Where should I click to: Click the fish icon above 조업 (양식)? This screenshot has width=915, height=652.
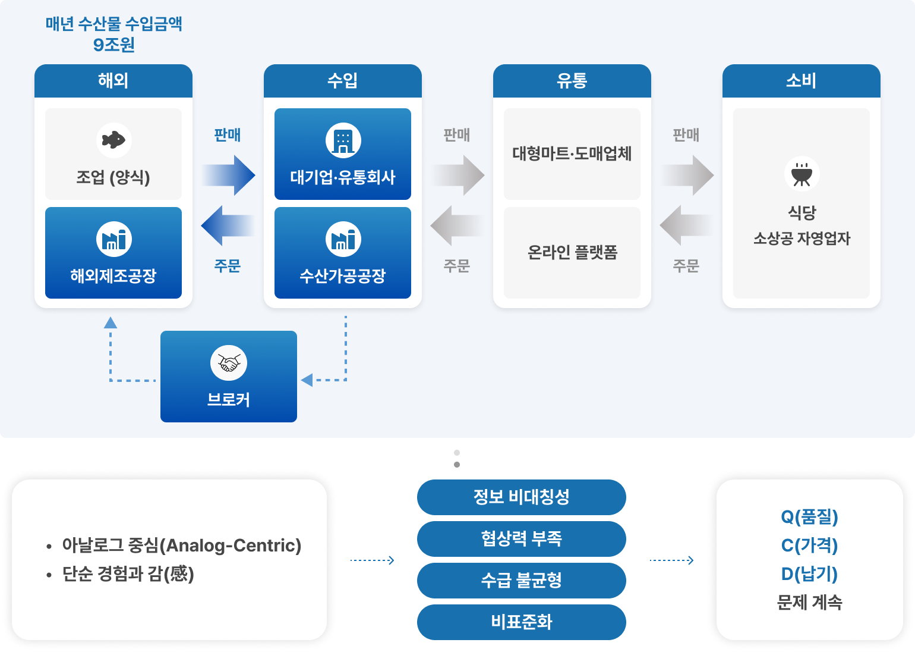tap(113, 140)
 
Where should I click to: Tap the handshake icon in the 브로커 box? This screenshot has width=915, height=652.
tap(229, 363)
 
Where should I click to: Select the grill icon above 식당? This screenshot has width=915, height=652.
tap(802, 173)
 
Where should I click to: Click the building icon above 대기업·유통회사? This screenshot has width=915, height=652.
tap(343, 140)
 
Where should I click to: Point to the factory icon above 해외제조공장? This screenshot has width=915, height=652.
tap(113, 239)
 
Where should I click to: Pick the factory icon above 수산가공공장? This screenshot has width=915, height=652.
tap(343, 239)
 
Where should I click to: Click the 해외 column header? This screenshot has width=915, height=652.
tap(113, 81)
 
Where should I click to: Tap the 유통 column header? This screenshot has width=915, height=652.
tap(572, 81)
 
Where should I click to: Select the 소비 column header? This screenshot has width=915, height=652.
tap(802, 81)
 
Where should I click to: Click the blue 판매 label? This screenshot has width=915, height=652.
tap(228, 135)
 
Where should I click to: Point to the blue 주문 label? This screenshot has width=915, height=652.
tap(228, 265)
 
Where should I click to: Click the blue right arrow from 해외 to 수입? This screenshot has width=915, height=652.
tap(229, 175)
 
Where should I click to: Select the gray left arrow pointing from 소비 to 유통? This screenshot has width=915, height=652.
tap(686, 225)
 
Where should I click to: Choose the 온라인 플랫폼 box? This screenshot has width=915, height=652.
tap(572, 253)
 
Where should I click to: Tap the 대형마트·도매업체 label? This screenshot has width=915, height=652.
tap(572, 153)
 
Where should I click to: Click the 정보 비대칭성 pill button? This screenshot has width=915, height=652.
tap(522, 497)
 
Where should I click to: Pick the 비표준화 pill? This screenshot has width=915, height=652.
tap(522, 622)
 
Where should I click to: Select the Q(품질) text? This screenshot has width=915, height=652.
tap(809, 517)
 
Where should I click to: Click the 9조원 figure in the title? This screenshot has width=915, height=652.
tap(114, 45)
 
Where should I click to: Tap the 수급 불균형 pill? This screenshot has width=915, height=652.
tap(522, 580)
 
